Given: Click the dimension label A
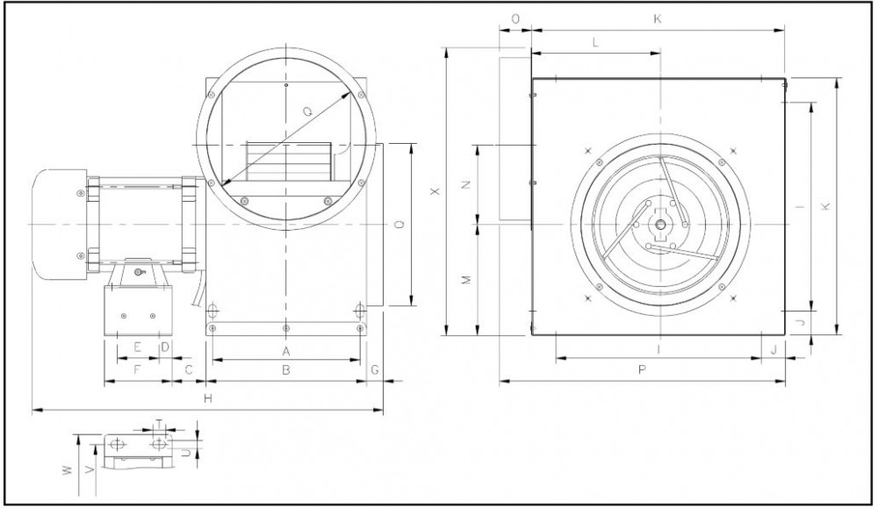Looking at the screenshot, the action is pos(286,352).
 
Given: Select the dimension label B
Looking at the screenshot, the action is pos(286,370).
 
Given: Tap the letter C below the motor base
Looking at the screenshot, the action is pos(189,369).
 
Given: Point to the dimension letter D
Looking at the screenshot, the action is pos(165,348).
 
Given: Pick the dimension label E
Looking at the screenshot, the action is pos(137,348).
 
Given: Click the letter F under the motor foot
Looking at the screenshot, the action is pos(137,369).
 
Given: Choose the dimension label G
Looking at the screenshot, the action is pos(375,370).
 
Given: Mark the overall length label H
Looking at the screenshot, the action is pos(208,398).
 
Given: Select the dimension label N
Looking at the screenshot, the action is pos(466,184).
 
